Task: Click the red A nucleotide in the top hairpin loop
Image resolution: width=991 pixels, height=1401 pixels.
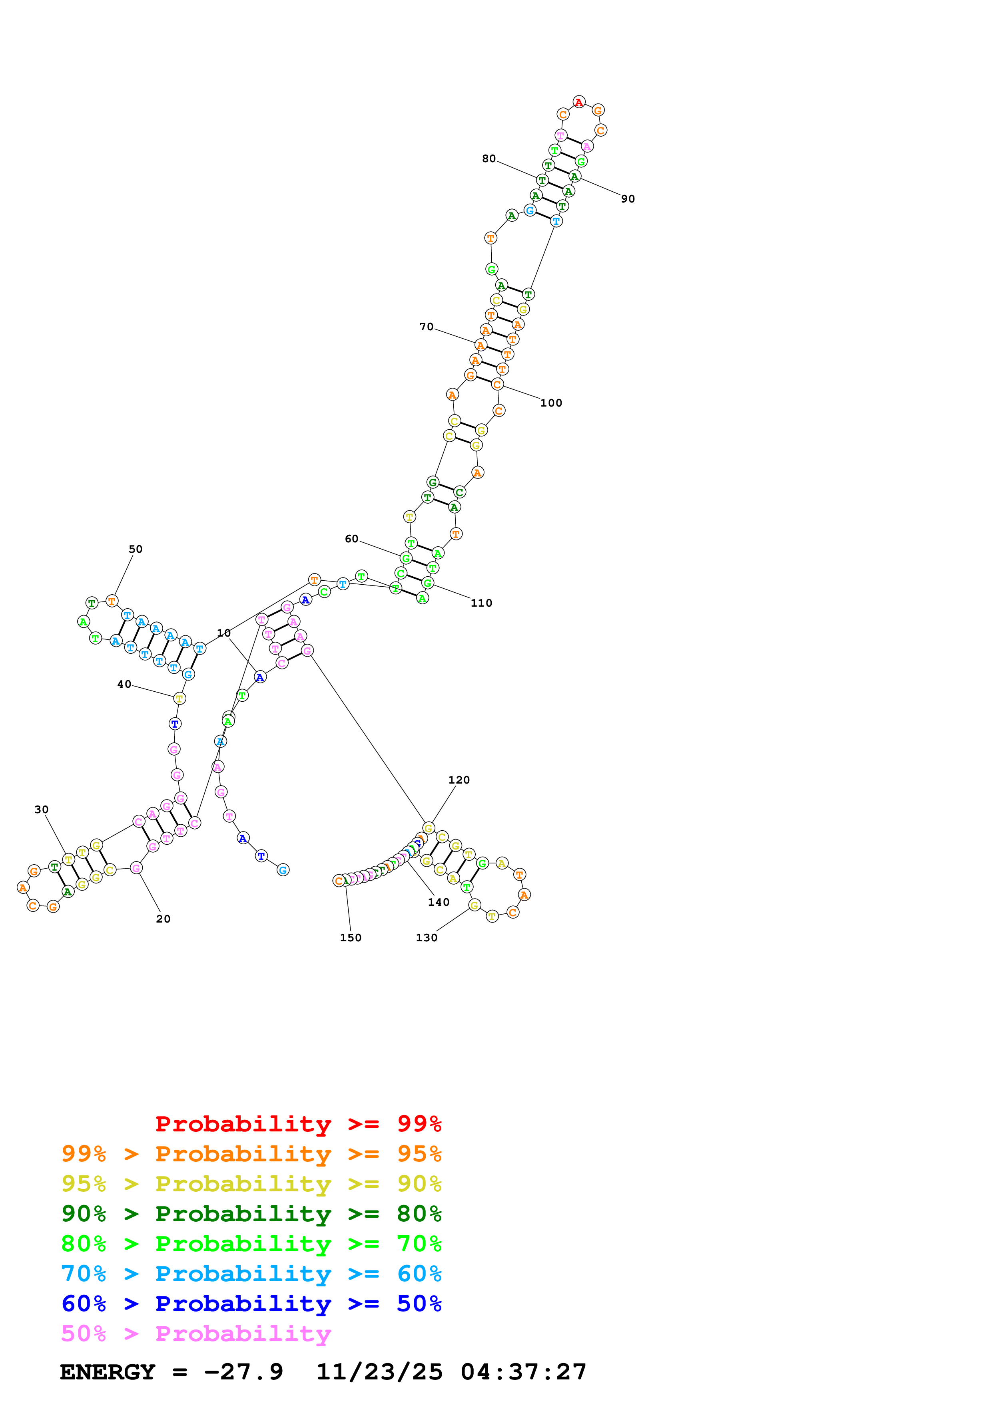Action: [579, 102]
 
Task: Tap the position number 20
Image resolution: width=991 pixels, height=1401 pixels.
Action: [163, 919]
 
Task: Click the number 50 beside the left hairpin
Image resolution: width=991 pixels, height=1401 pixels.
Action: [136, 549]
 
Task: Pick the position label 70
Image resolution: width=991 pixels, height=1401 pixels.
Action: [426, 327]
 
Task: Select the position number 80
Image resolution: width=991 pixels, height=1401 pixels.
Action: [489, 159]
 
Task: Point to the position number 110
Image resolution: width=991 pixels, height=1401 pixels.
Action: [481, 603]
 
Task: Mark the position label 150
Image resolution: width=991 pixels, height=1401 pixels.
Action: [351, 938]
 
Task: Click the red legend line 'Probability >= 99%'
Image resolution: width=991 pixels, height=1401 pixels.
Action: [298, 1124]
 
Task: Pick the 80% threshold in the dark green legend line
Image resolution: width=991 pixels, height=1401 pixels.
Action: [419, 1214]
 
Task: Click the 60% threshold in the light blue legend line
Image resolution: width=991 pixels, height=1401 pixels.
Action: [419, 1274]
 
